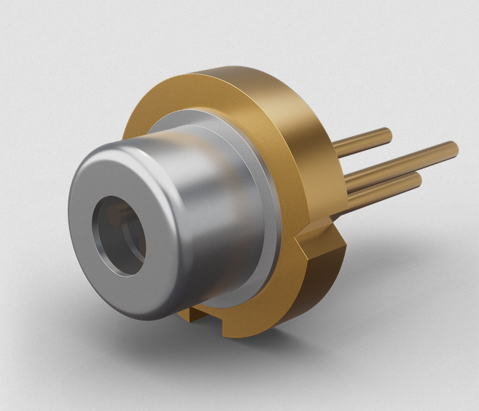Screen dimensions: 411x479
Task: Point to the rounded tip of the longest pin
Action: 454,148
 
